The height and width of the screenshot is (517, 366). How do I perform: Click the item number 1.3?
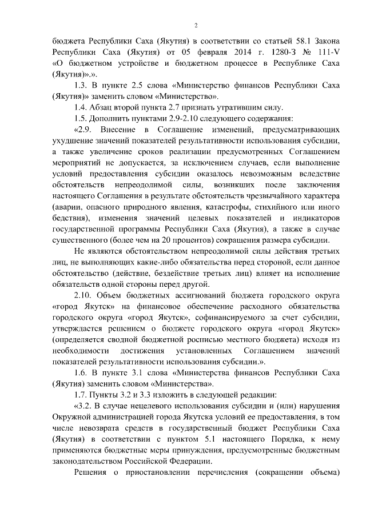coord(82,86)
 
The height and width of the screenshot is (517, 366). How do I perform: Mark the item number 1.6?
coord(82,372)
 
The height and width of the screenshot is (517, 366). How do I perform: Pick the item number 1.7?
coord(82,395)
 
